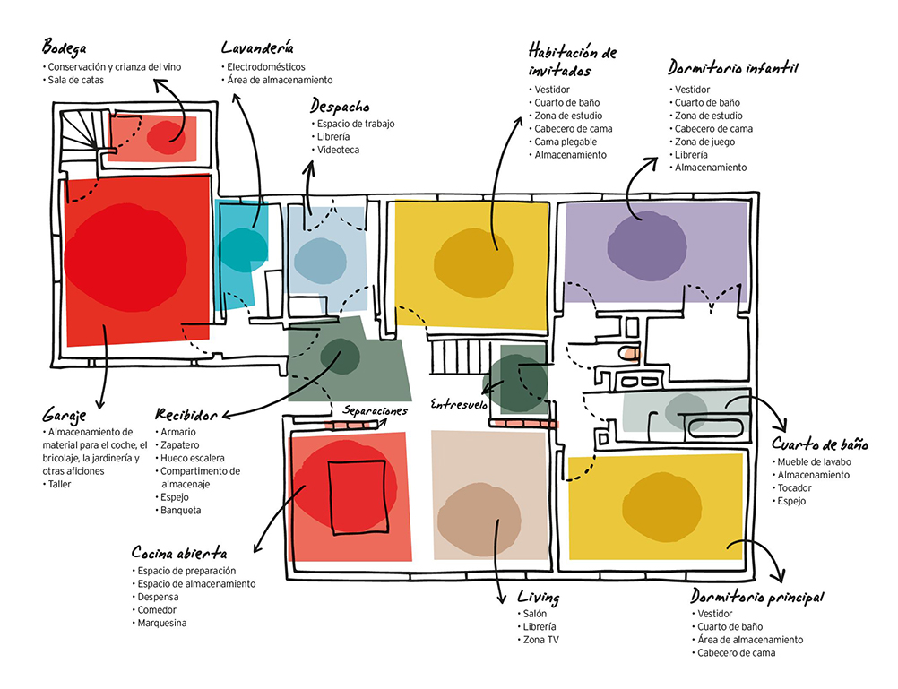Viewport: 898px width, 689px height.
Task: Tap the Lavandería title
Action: click(x=258, y=47)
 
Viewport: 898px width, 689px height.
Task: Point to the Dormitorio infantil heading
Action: click(x=733, y=68)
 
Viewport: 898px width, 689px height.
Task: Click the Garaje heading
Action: click(x=65, y=415)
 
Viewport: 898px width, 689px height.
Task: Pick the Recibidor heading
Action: click(x=186, y=415)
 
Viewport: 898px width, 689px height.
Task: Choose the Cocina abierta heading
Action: click(x=178, y=553)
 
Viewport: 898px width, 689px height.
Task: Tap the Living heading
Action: click(x=539, y=597)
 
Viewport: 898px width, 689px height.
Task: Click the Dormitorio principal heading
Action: click(x=757, y=597)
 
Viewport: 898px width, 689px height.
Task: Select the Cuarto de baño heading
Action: click(x=820, y=444)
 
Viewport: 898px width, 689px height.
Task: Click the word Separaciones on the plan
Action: click(x=375, y=410)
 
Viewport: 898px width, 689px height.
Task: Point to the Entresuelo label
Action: click(x=458, y=404)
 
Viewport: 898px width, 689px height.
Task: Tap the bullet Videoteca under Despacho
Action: click(x=338, y=150)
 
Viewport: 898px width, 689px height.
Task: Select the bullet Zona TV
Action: click(x=541, y=640)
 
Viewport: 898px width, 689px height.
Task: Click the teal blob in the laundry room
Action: click(x=243, y=248)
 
